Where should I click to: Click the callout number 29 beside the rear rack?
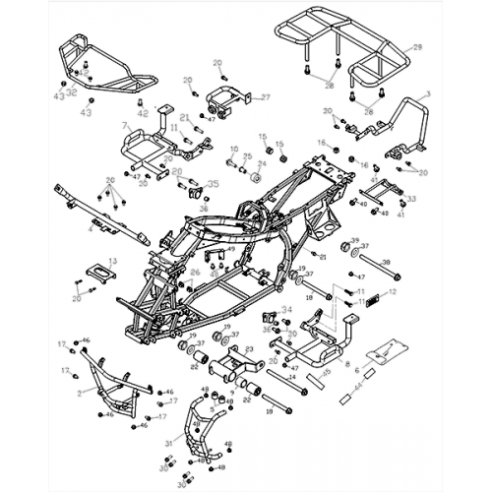click(x=417, y=47)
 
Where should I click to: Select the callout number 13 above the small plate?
click(x=112, y=261)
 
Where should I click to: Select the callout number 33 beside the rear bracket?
click(x=411, y=199)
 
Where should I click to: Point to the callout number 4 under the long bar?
click(x=92, y=230)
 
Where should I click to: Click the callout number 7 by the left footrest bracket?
click(x=125, y=127)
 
